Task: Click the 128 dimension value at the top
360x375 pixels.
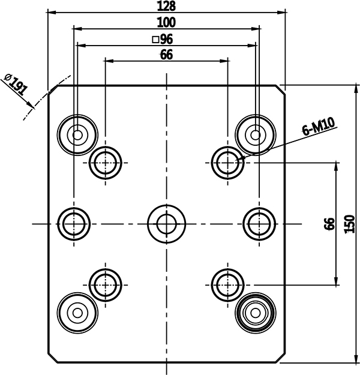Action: (166, 6)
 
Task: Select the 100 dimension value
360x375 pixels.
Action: (166, 22)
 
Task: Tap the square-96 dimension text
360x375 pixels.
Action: (163, 39)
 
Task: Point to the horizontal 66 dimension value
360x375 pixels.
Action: (166, 55)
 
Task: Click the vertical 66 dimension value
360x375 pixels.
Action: (329, 224)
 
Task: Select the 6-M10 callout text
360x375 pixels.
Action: (318, 127)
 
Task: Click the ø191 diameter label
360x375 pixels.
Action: (16, 85)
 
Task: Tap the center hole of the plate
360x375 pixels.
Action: (166, 224)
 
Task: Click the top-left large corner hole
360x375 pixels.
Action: (77, 135)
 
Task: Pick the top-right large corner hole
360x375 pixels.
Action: (256, 135)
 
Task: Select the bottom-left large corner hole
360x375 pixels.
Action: (77, 313)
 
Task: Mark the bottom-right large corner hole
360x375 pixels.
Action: (256, 313)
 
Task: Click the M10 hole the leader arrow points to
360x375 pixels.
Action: (228, 163)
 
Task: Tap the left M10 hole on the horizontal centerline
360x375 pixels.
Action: (74, 224)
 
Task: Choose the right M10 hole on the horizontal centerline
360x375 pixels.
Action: (259, 224)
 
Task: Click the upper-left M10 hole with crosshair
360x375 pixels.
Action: (106, 163)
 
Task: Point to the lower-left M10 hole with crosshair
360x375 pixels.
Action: (106, 285)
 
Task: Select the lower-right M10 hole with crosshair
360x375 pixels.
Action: (228, 285)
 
